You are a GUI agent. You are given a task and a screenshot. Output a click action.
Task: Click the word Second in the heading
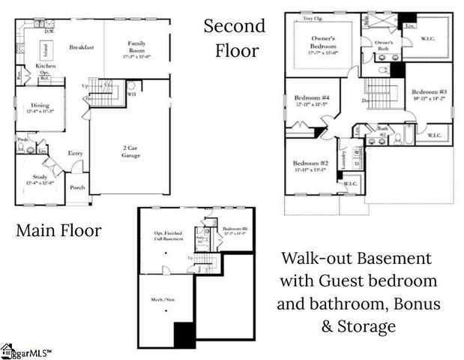[235, 26]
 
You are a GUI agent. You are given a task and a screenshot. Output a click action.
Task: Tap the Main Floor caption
[58, 231]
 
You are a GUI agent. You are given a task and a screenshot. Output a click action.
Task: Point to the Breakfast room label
[80, 47]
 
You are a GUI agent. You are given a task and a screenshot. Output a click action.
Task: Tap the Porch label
[77, 187]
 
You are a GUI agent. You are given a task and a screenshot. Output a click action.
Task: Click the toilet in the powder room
[22, 148]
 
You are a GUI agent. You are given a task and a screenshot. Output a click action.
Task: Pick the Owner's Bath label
[384, 46]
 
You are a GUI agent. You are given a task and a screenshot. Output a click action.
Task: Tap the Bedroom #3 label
[429, 90]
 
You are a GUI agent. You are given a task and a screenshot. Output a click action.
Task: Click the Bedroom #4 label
[309, 98]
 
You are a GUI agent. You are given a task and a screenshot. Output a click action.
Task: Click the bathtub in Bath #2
[409, 135]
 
